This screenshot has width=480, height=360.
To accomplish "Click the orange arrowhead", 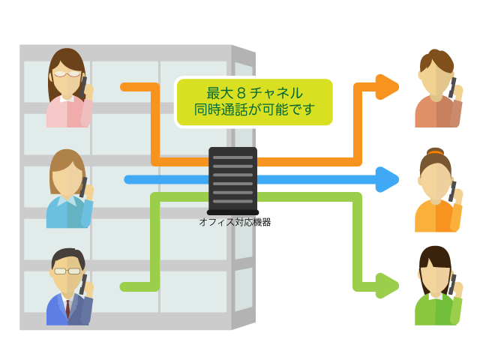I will [x=387, y=87].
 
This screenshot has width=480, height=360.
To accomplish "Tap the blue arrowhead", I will [x=387, y=179].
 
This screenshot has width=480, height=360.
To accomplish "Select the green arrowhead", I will [x=387, y=285].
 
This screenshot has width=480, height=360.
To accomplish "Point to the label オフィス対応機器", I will [x=235, y=222].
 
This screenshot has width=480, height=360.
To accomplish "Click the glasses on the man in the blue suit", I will [x=67, y=271].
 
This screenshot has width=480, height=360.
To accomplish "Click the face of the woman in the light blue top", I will [x=67, y=180].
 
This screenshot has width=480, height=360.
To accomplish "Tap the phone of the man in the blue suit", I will [x=83, y=282].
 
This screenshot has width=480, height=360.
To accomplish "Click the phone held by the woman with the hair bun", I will [x=453, y=188].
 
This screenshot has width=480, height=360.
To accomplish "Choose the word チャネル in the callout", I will [x=280, y=94].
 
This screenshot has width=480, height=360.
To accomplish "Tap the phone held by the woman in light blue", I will [x=84, y=184].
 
